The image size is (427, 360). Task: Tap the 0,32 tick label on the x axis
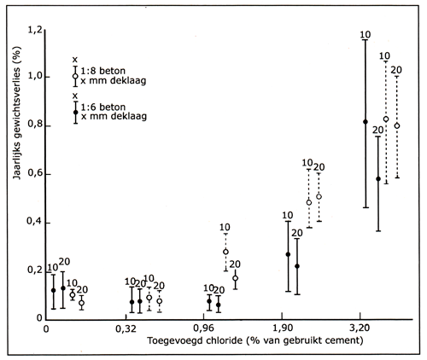[x=126, y=328]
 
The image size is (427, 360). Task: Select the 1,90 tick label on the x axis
[x=283, y=328]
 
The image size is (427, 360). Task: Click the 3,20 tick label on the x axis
[x=360, y=328]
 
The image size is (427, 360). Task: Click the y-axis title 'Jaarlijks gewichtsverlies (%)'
[x=17, y=113]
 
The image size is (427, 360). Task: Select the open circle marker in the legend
[x=75, y=76]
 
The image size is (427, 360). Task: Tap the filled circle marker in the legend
[x=75, y=112]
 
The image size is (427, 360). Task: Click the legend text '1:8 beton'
[x=103, y=71]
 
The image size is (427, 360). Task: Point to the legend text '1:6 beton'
[x=103, y=107]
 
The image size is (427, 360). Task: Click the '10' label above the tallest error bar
[x=366, y=35]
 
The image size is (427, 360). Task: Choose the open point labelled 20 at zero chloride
[x=81, y=303]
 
